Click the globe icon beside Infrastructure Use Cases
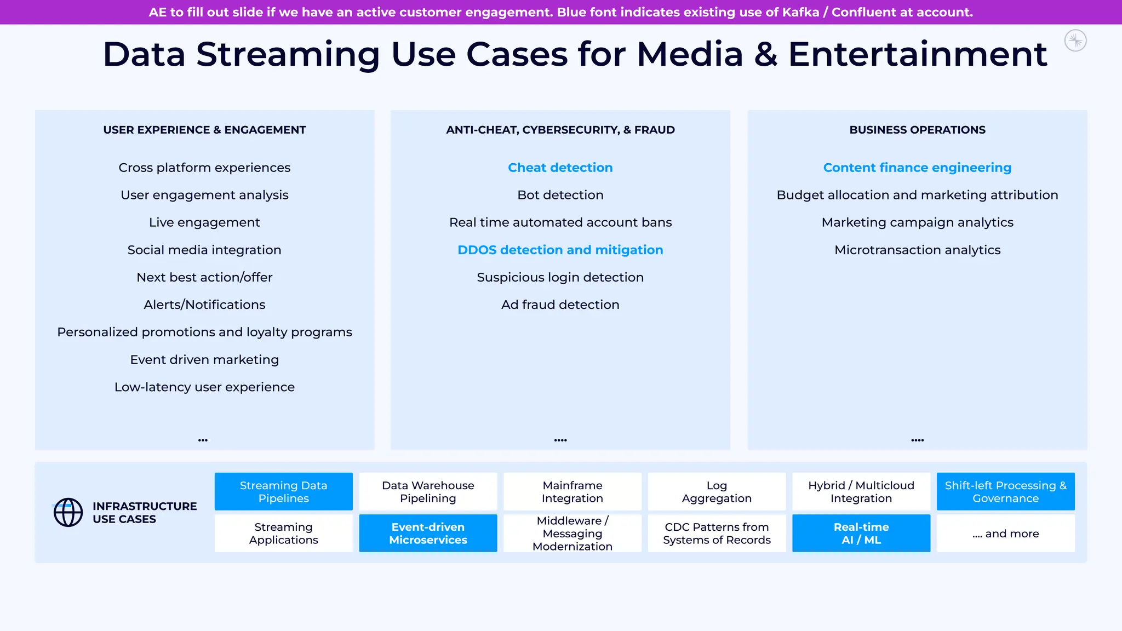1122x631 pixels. pyautogui.click(x=68, y=512)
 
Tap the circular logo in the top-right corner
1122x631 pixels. pyautogui.click(x=1075, y=41)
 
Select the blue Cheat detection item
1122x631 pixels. pyautogui.click(x=560, y=168)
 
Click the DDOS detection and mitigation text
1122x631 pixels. pyautogui.click(x=560, y=250)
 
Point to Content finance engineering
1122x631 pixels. pyautogui.click(x=917, y=168)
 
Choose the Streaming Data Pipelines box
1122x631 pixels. pyautogui.click(x=283, y=491)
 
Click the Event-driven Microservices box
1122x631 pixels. pyautogui.click(x=428, y=533)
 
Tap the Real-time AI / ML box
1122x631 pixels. pyautogui.click(x=861, y=533)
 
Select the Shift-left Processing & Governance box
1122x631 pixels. pyautogui.click(x=1005, y=491)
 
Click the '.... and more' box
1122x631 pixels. pyautogui.click(x=1005, y=533)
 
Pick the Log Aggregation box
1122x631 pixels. pyautogui.click(x=717, y=491)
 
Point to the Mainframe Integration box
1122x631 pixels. pyautogui.click(x=572, y=491)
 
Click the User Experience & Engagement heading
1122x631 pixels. pyautogui.click(x=204, y=130)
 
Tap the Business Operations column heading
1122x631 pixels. pyautogui.click(x=917, y=130)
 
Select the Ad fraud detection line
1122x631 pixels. pyautogui.click(x=560, y=305)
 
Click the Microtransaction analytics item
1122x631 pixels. pyautogui.click(x=917, y=250)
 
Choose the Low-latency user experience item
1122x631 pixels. pyautogui.click(x=204, y=387)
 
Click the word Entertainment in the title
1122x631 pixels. pyautogui.click(x=917, y=55)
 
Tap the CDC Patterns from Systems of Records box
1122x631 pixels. pyautogui.click(x=717, y=533)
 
